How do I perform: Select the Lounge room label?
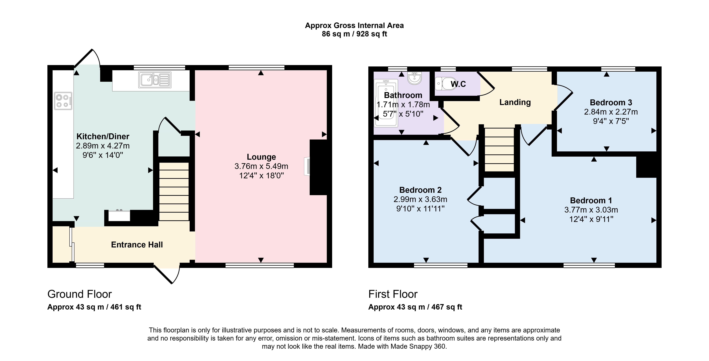pos(261,157)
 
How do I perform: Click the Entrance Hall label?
pos(137,245)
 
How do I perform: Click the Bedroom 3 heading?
pos(611,103)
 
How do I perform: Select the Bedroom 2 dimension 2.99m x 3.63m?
pos(420,199)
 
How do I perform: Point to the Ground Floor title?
pos(80,294)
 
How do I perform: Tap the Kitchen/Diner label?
pos(103,136)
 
